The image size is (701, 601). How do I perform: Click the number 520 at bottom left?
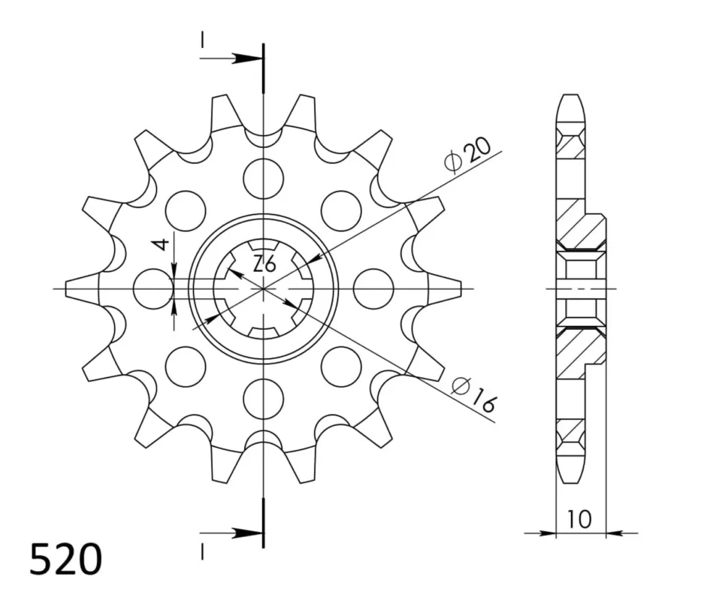(65, 559)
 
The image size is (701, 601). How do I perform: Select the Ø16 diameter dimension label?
(474, 394)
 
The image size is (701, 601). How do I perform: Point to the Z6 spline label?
(264, 264)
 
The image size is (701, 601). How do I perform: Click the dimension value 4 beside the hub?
(161, 244)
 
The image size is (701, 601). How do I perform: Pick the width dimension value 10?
(579, 518)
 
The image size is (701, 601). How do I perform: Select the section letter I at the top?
(203, 39)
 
